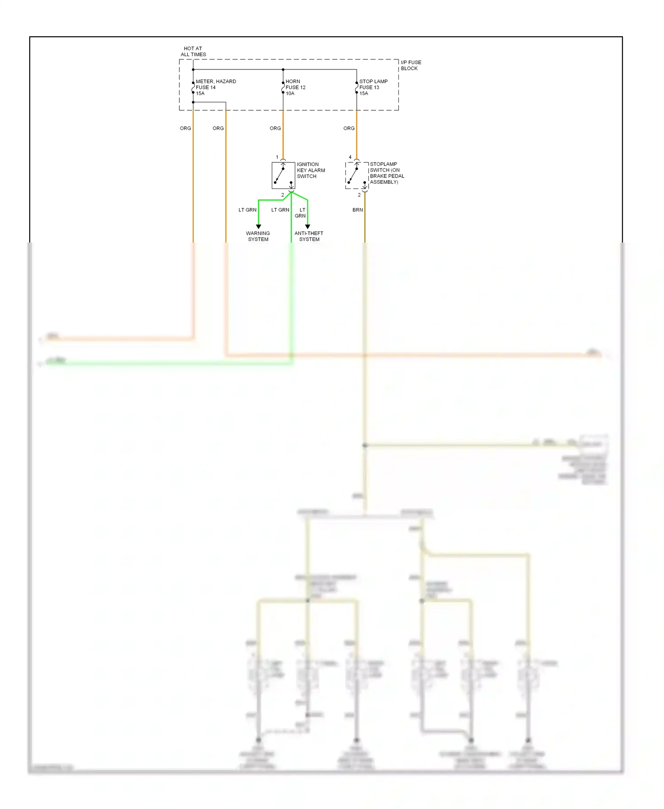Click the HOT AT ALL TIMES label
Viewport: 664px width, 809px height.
193,51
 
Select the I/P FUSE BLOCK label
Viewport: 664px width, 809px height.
411,65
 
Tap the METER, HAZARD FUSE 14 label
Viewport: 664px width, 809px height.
216,87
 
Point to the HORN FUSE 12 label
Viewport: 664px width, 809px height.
295,87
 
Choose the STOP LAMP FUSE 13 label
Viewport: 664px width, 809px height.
373,87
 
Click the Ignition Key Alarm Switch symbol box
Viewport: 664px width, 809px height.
283,175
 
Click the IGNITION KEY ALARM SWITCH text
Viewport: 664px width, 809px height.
311,170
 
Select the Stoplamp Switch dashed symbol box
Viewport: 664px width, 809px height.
357,175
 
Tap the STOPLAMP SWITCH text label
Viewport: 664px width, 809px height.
386,173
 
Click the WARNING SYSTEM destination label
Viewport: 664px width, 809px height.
258,236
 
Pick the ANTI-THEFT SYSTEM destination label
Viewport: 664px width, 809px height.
309,236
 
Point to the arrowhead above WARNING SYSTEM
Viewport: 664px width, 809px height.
259,227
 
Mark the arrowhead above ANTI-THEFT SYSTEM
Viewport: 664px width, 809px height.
308,227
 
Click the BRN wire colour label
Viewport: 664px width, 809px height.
358,210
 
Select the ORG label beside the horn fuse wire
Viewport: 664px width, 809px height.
275,128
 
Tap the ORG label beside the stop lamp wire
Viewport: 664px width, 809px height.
349,128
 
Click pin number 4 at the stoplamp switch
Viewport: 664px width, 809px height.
350,157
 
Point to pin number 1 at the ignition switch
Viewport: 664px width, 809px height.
277,157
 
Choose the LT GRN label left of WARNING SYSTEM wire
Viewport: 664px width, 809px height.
247,210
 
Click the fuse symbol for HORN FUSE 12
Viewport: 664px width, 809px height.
283,88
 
